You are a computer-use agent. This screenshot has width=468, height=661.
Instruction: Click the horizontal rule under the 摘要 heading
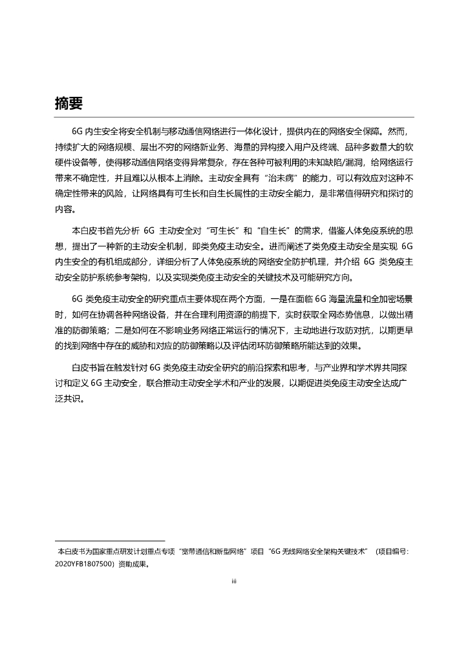tap(234, 117)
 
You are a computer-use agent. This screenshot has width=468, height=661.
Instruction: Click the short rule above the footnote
tap(110, 541)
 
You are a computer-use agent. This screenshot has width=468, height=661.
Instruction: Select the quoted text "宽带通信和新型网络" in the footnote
tap(212, 551)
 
